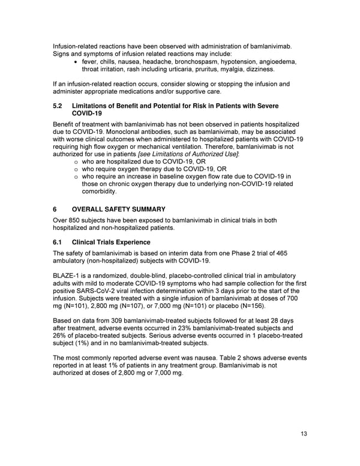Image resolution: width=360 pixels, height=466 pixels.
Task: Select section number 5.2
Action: (x=59, y=106)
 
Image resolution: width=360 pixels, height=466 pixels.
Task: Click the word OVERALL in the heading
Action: (x=91, y=210)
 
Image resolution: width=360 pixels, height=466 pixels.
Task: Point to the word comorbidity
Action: (x=100, y=192)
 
